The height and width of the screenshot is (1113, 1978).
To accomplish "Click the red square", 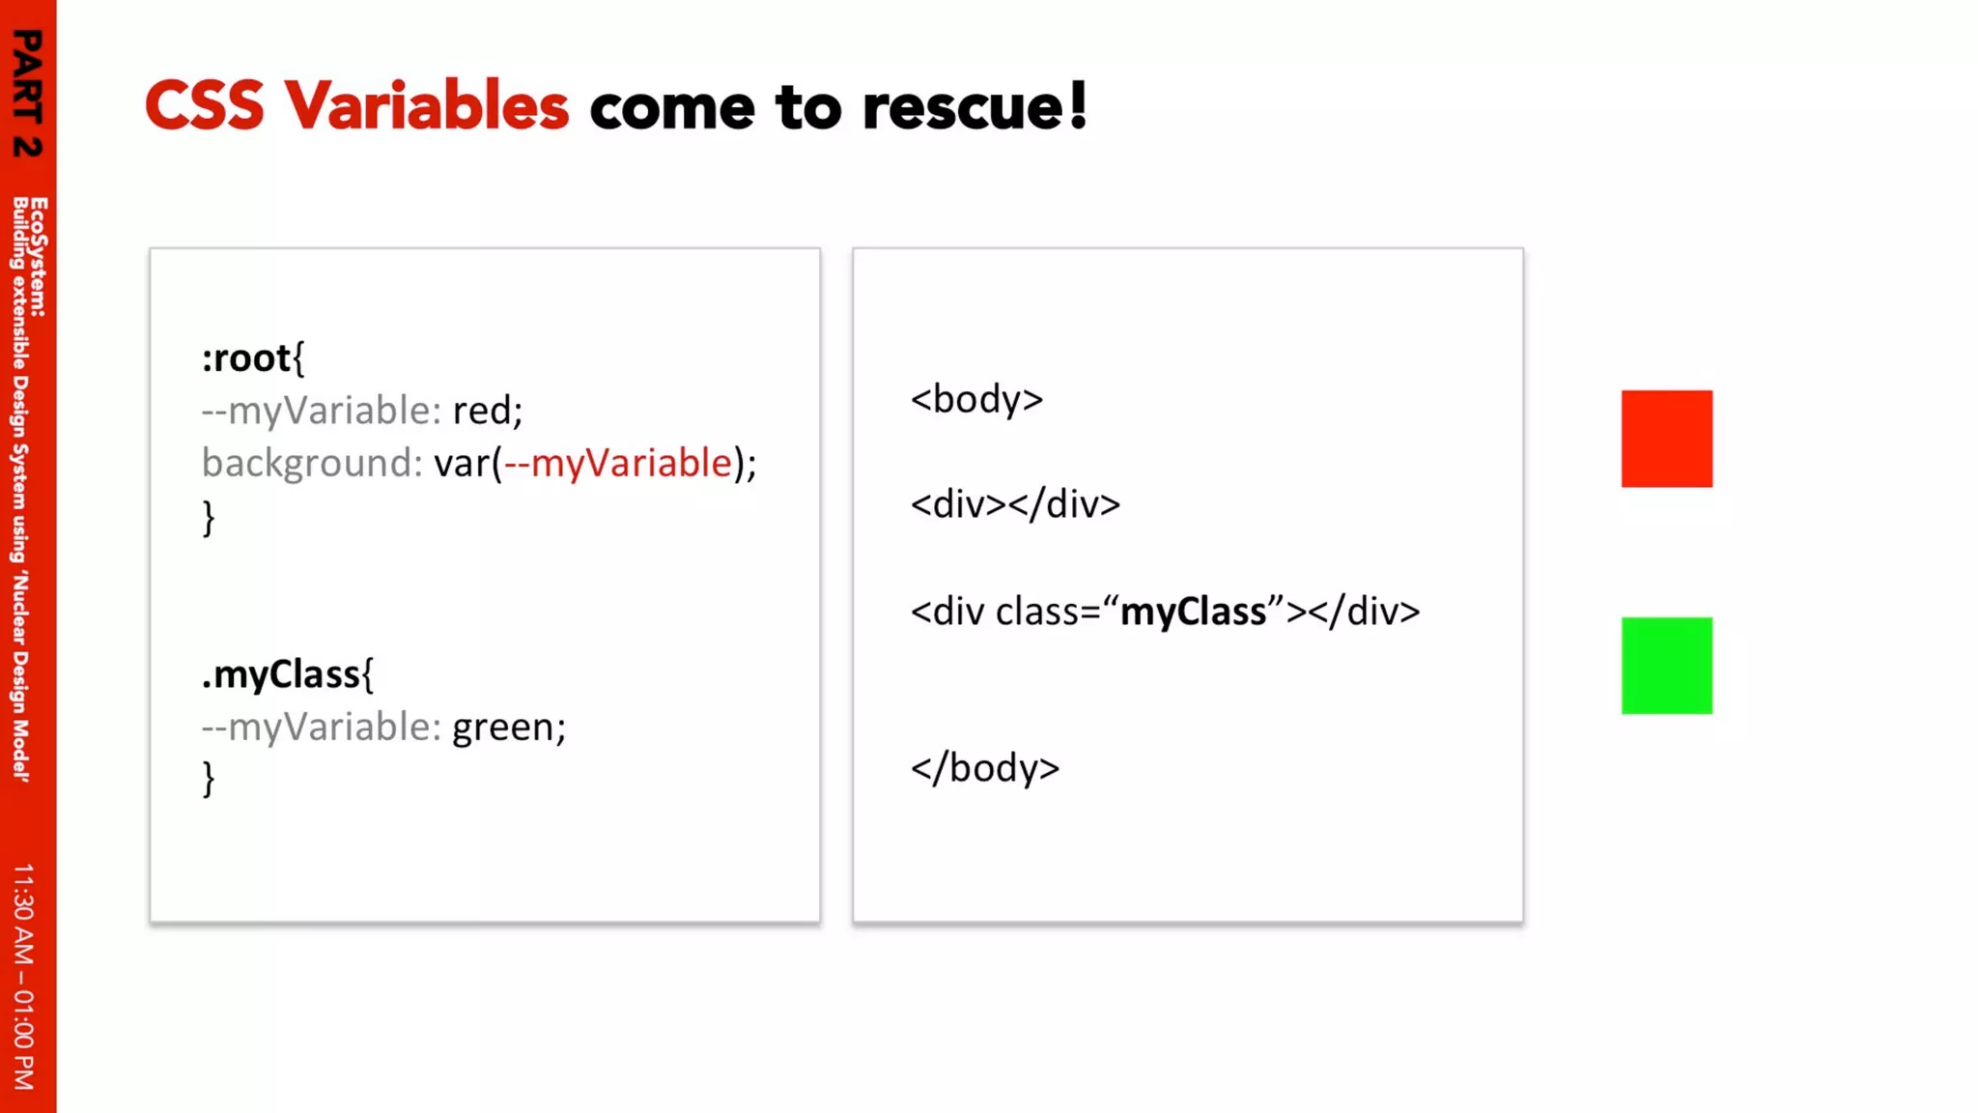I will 1666,439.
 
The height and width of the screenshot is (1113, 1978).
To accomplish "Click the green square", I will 1666,666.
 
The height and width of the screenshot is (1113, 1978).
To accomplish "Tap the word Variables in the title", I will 426,105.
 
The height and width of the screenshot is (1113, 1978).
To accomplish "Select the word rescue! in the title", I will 975,106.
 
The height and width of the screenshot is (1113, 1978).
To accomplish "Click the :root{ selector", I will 253,358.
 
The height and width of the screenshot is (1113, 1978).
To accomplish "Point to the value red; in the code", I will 488,411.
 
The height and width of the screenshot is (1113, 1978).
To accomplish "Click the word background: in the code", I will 312,464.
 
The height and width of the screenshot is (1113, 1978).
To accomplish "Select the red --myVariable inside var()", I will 618,464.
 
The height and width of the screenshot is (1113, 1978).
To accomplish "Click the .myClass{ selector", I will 287,674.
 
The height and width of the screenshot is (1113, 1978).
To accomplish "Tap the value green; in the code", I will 509,728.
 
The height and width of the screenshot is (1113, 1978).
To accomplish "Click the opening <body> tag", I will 976,400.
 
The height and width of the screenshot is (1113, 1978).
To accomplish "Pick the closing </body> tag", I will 985,769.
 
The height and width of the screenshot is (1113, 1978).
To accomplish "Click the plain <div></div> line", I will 1015,504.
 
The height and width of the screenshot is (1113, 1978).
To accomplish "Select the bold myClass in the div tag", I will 1193,612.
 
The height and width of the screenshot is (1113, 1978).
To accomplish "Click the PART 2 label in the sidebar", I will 27,93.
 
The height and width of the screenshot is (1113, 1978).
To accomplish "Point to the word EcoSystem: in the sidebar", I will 39,257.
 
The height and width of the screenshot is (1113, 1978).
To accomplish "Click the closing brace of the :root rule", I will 209,518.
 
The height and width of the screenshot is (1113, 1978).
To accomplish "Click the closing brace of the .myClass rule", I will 209,779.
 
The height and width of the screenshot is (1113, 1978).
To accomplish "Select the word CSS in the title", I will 204,105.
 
